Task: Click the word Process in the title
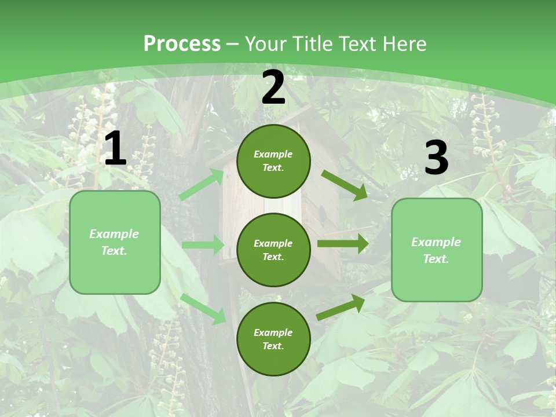tap(182, 44)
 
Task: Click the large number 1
tap(115, 149)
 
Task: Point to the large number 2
tap(273, 87)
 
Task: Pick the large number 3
tap(436, 158)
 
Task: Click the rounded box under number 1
tap(115, 242)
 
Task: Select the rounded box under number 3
tap(437, 250)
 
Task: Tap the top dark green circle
tap(273, 161)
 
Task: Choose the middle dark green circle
tap(273, 250)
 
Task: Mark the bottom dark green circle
tap(273, 339)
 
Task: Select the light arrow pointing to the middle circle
tap(203, 245)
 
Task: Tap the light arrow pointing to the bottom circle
tap(203, 308)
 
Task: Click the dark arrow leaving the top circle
tap(344, 185)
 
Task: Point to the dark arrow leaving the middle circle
tap(343, 244)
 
